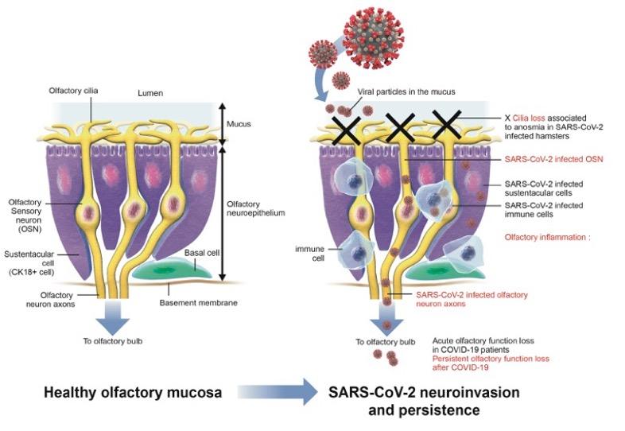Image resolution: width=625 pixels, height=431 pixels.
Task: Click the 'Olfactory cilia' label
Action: click(x=73, y=91)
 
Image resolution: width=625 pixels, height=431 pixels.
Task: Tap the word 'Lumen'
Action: click(x=150, y=93)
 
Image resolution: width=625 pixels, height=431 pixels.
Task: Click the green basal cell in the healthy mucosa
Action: click(x=172, y=268)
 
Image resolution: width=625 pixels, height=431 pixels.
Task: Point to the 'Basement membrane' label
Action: click(x=199, y=303)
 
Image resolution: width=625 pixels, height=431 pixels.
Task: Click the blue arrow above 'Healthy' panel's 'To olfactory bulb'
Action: click(x=113, y=317)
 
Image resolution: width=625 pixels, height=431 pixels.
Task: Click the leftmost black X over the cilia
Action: click(x=347, y=130)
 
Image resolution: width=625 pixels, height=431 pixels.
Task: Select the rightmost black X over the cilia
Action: click(x=446, y=125)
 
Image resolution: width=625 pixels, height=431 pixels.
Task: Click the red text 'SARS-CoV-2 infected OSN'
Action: click(x=553, y=159)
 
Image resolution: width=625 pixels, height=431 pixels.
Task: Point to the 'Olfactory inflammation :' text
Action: click(x=547, y=237)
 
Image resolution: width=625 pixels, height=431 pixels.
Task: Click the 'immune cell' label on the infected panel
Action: click(x=309, y=254)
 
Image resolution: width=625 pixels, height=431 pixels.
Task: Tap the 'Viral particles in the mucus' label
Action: click(x=406, y=91)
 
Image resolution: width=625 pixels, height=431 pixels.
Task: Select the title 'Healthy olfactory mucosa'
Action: click(x=133, y=392)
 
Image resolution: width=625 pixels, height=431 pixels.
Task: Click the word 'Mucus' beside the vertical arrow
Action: click(x=239, y=124)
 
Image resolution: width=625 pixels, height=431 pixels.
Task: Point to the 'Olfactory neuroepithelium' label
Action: click(x=256, y=208)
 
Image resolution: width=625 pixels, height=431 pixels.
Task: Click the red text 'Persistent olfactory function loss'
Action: click(x=491, y=359)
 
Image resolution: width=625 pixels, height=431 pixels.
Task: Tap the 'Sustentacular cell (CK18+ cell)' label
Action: click(x=29, y=263)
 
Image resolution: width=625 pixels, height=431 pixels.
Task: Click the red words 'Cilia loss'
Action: click(x=529, y=118)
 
